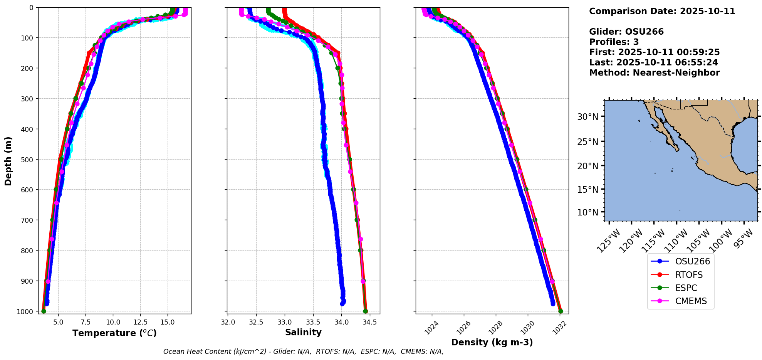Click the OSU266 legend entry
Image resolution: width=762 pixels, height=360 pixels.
692,261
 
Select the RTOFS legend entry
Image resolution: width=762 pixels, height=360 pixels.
689,275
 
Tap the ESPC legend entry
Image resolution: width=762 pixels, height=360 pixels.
686,288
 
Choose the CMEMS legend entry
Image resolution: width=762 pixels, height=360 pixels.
691,301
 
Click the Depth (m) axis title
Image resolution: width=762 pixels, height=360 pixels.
8,161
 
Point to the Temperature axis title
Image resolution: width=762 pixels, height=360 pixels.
114,333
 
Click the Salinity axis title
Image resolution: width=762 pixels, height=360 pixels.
303,332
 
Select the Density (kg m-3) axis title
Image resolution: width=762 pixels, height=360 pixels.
492,342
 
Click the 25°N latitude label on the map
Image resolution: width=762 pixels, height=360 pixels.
587,142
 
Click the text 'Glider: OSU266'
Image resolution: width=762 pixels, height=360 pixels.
626,32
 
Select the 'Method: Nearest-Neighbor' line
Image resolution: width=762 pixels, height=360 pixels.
654,72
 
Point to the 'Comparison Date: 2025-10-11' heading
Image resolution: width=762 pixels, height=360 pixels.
662,11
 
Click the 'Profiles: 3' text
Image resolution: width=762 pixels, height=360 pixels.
614,42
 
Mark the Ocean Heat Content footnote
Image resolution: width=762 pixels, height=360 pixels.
303,352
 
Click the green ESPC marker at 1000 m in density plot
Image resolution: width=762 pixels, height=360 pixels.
561,311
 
